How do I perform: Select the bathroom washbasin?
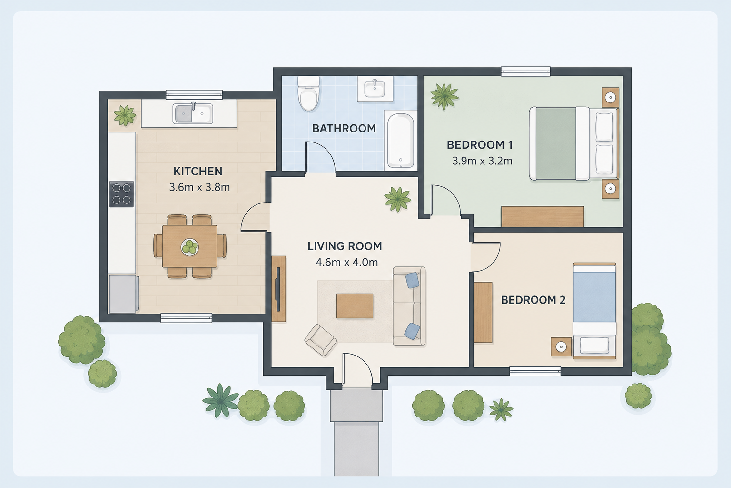coord(375,88)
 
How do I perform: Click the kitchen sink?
coord(193,113)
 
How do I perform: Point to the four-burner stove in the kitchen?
coord(121,194)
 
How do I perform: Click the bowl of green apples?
coord(189,247)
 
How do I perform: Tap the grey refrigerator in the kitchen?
coord(124,294)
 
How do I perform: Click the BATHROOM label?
coord(344,129)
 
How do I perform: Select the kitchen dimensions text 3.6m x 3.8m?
coord(199,187)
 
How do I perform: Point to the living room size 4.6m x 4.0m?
coord(346,262)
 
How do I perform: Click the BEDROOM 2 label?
coord(533,300)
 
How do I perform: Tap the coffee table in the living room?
coord(355,305)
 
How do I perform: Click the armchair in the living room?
coord(320,340)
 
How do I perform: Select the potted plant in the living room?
coord(397,199)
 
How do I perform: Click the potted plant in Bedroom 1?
coord(444,96)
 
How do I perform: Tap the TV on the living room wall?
coord(278,289)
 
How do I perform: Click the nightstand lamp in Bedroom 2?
coord(561,347)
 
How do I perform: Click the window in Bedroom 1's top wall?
coord(525,71)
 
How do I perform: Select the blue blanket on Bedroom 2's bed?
coord(594,297)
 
